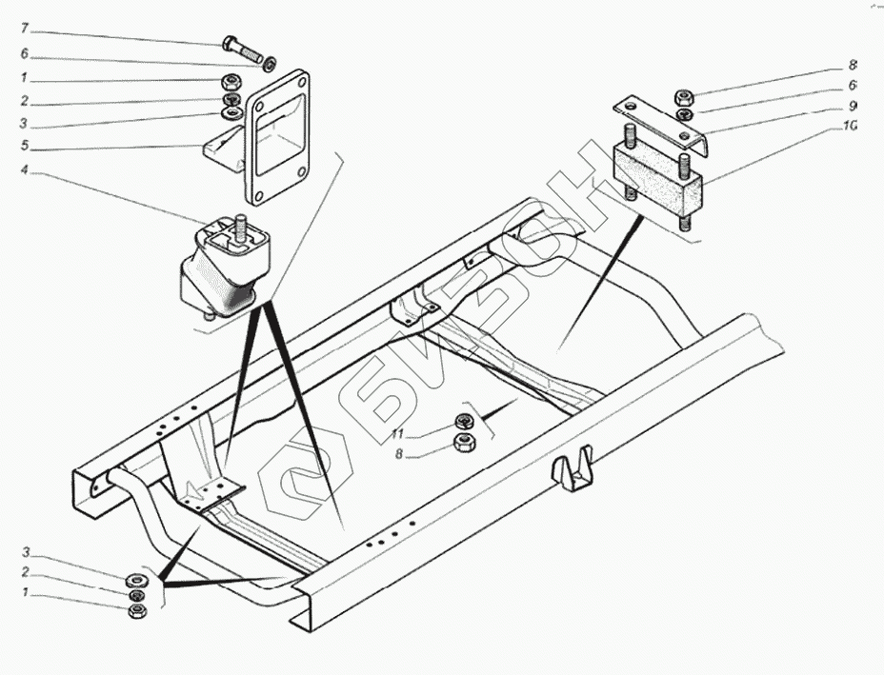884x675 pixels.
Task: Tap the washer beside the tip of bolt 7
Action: (271, 64)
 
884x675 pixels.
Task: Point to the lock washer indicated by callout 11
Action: (465, 421)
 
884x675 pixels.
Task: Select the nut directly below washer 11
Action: (465, 441)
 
